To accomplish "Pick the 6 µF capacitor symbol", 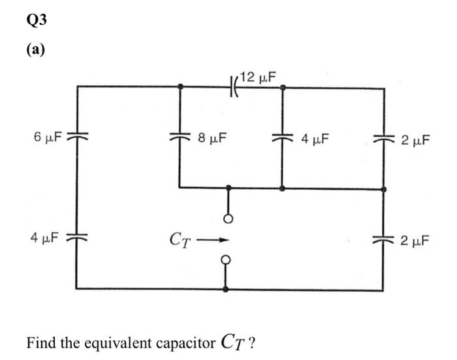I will pyautogui.click(x=77, y=138).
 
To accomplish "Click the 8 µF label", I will pyautogui.click(x=211, y=138).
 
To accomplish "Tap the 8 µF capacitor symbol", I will pyautogui.click(x=180, y=138).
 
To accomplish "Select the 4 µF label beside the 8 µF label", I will pyautogui.click(x=315, y=138).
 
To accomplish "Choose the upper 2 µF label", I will pyautogui.click(x=415, y=139).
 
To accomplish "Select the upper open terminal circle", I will pyautogui.click(x=228, y=218).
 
